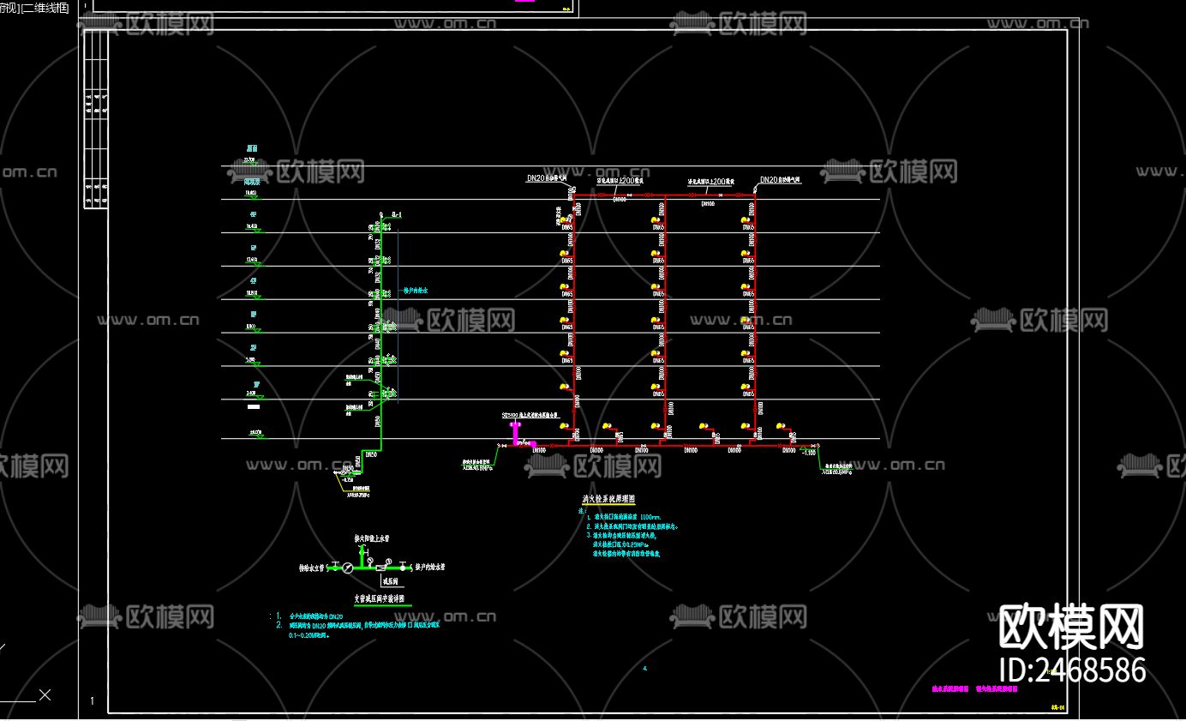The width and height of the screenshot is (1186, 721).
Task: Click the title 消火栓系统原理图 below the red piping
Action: click(x=608, y=499)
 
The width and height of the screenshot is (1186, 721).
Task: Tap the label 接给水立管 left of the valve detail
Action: click(x=315, y=568)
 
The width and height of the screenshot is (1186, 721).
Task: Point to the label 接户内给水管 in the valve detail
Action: click(x=430, y=568)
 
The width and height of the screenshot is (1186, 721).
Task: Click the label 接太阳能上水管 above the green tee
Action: click(x=373, y=539)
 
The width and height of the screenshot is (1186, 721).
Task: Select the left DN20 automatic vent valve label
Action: click(x=547, y=178)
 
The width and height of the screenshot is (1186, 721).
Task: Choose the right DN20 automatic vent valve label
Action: click(x=780, y=180)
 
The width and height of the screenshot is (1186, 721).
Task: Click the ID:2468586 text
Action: click(x=1073, y=670)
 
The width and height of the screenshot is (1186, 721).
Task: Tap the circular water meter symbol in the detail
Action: click(x=347, y=568)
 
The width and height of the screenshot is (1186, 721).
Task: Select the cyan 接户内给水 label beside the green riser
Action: click(x=415, y=291)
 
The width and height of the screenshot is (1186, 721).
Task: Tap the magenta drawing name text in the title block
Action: click(x=974, y=688)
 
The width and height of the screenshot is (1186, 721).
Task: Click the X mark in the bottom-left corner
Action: click(x=45, y=694)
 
